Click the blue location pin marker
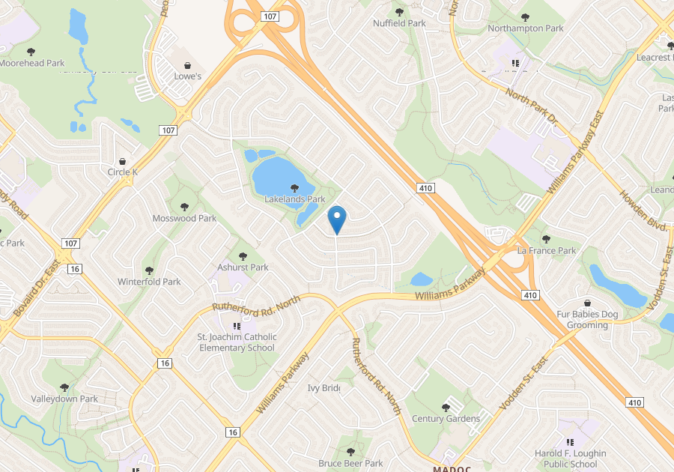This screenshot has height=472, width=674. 337,220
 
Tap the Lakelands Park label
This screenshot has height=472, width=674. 295,199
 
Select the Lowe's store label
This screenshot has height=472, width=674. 188,76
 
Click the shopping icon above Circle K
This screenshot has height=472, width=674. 123,161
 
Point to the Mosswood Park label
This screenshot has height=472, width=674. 184,218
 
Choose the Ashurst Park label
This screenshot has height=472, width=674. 243,267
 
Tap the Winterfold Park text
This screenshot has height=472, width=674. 149,282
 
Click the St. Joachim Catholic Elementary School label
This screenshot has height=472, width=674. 237,342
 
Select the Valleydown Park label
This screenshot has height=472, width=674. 64,399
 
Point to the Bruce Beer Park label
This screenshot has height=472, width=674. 350,463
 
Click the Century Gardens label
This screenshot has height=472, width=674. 446,418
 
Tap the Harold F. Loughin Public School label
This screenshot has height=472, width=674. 571,459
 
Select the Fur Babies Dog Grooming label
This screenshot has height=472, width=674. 587,319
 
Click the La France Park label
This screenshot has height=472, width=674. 547,250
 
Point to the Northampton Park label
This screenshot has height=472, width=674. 525,28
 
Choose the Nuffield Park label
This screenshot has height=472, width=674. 399,23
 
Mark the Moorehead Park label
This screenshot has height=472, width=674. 32,63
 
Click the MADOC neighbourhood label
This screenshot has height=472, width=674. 451,468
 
